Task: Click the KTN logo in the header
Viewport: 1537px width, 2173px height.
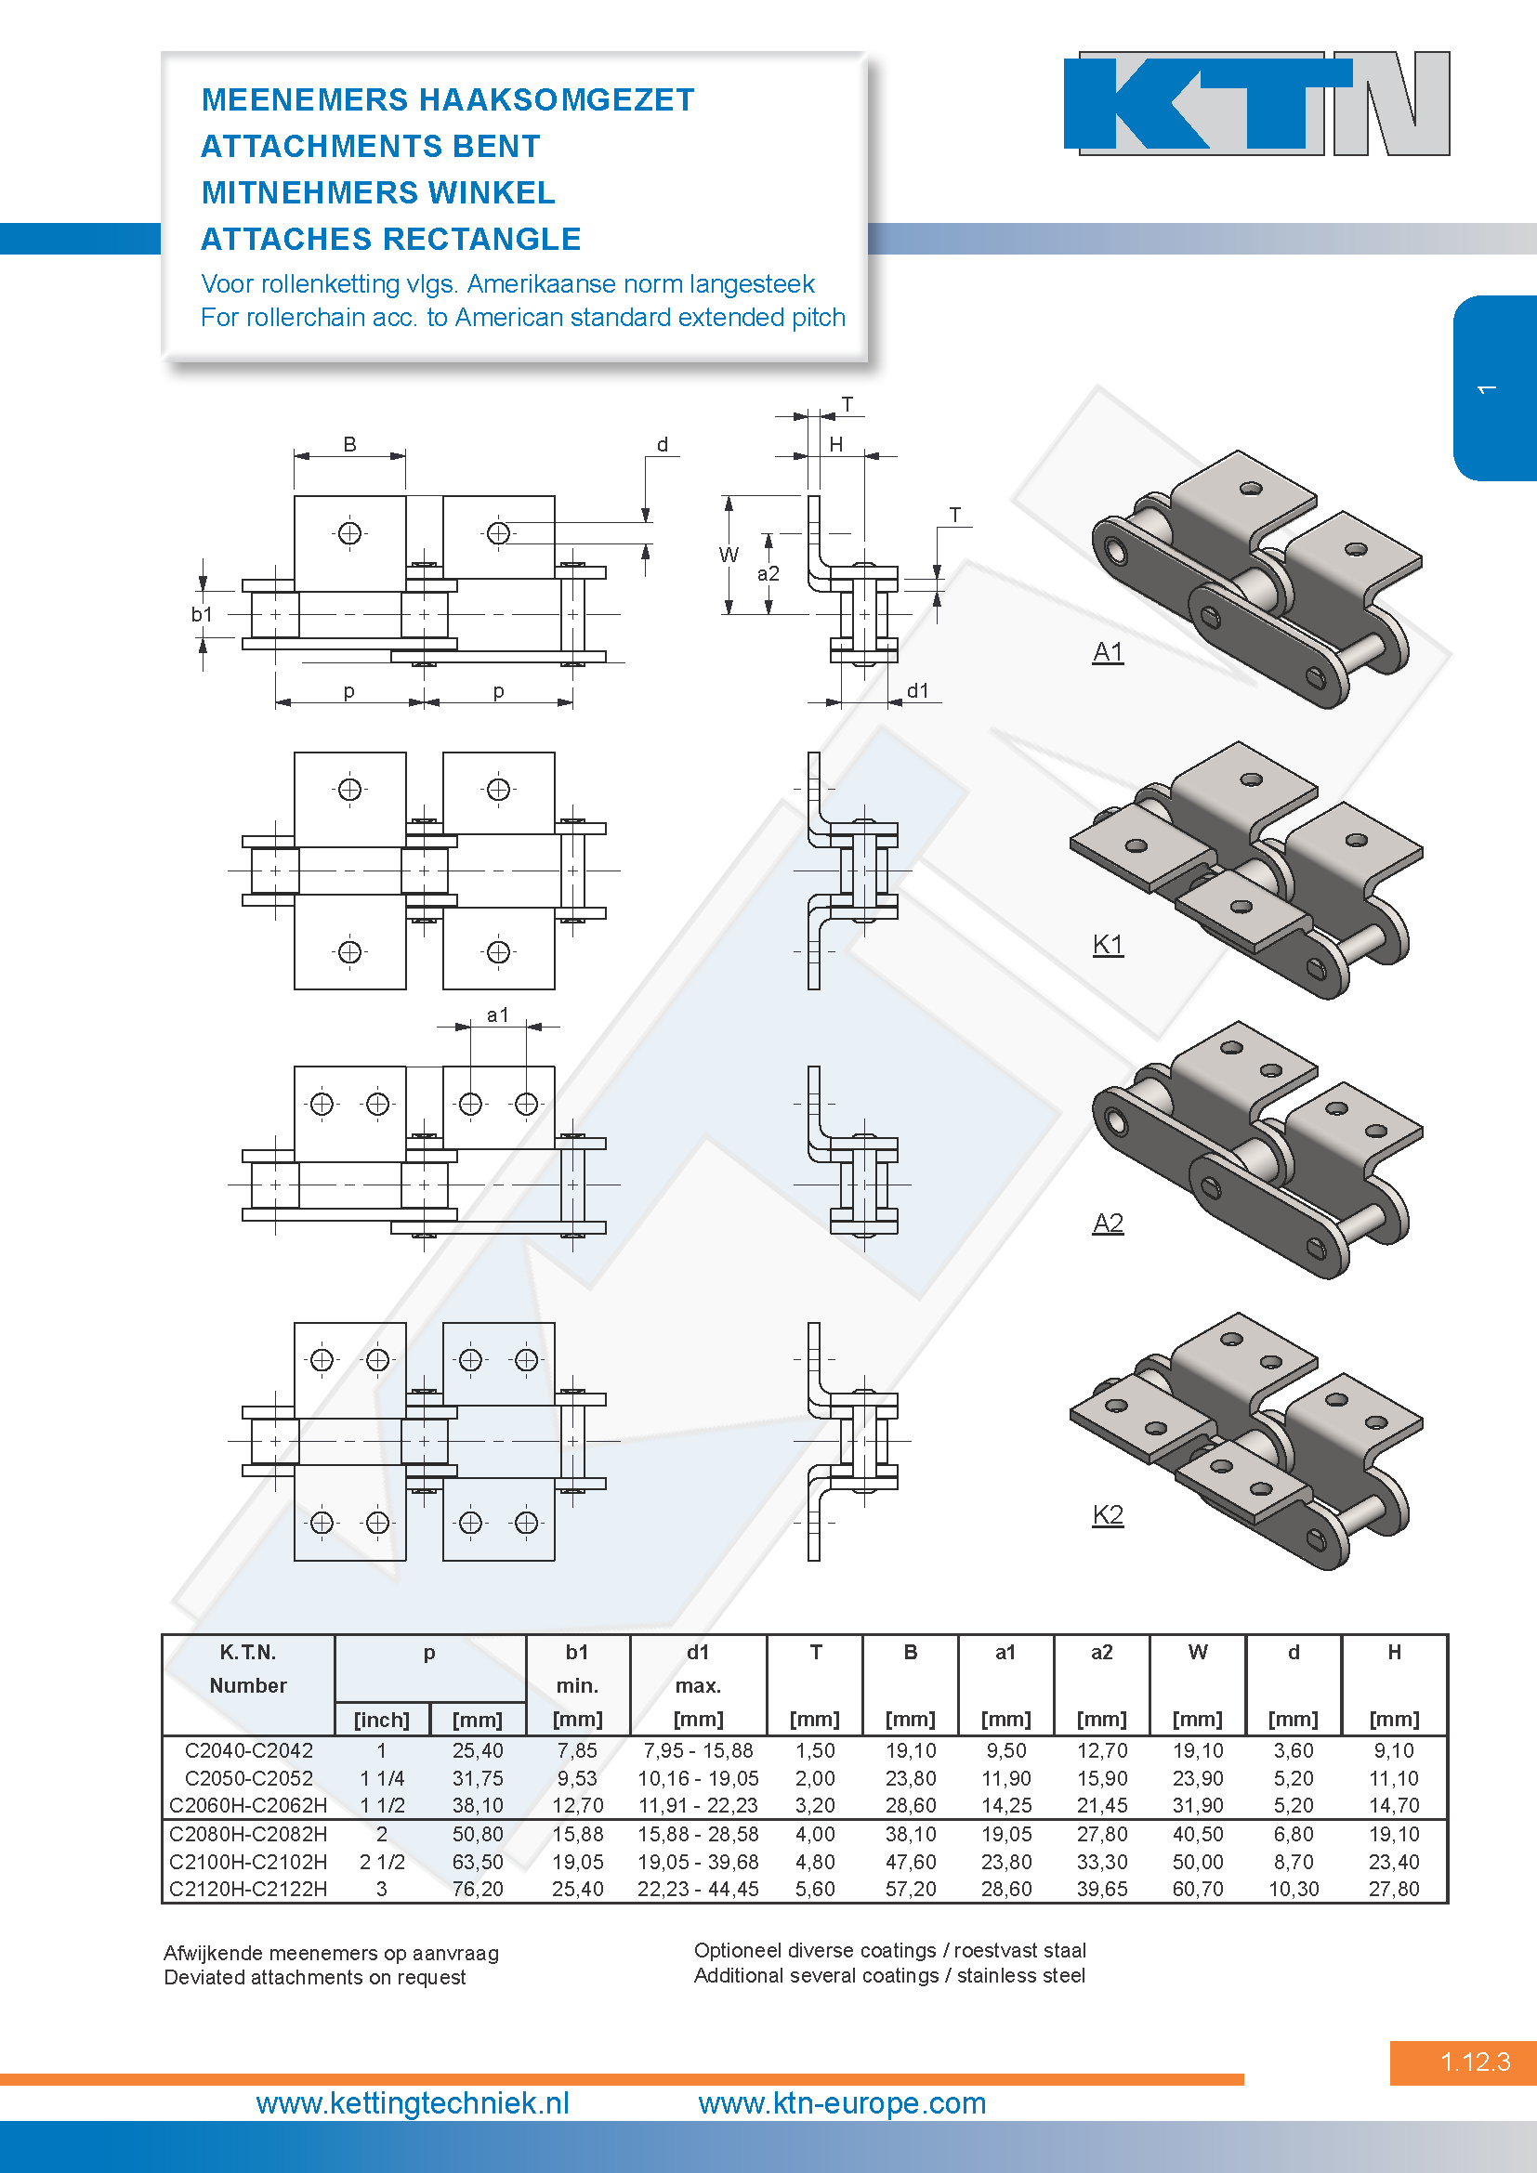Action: (1256, 103)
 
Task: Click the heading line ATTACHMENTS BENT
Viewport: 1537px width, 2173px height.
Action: (370, 147)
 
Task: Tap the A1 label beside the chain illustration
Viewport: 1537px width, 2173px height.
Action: (1108, 652)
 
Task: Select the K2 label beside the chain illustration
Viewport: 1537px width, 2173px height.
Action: (1108, 1514)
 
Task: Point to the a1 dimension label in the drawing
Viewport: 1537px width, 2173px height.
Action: (498, 1015)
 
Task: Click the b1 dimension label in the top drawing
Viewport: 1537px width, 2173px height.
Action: (202, 614)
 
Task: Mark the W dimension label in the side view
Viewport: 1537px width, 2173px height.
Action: (729, 555)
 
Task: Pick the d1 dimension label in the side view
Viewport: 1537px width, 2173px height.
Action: (918, 691)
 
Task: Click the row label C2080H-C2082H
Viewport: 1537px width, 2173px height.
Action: (248, 1834)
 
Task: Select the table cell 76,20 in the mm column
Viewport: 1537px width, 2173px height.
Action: (477, 1889)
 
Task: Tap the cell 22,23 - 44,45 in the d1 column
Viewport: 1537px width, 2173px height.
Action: (698, 1889)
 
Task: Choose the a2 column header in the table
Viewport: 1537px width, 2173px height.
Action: (1102, 1653)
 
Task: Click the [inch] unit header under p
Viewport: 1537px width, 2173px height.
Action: (381, 1720)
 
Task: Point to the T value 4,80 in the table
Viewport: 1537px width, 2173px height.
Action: (815, 1862)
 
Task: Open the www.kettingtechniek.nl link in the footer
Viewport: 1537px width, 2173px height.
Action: (413, 2103)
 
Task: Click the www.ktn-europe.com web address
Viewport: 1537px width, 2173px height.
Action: (842, 2103)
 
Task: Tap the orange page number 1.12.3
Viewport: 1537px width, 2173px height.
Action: (1475, 2062)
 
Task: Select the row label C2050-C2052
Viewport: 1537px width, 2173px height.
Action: (248, 1778)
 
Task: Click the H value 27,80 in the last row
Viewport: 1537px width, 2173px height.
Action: (1394, 1889)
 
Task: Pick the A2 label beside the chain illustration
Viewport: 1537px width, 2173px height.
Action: (1108, 1224)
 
